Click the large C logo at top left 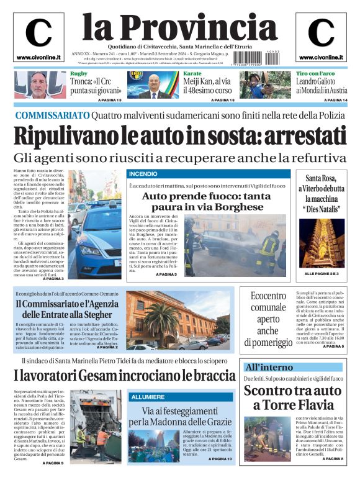tap(38, 33)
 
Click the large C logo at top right tap(321, 33)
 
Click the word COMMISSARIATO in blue tap(52, 116)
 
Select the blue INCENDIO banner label tap(143, 175)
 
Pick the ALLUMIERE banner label tap(147, 397)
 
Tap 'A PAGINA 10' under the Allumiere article tap(220, 459)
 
